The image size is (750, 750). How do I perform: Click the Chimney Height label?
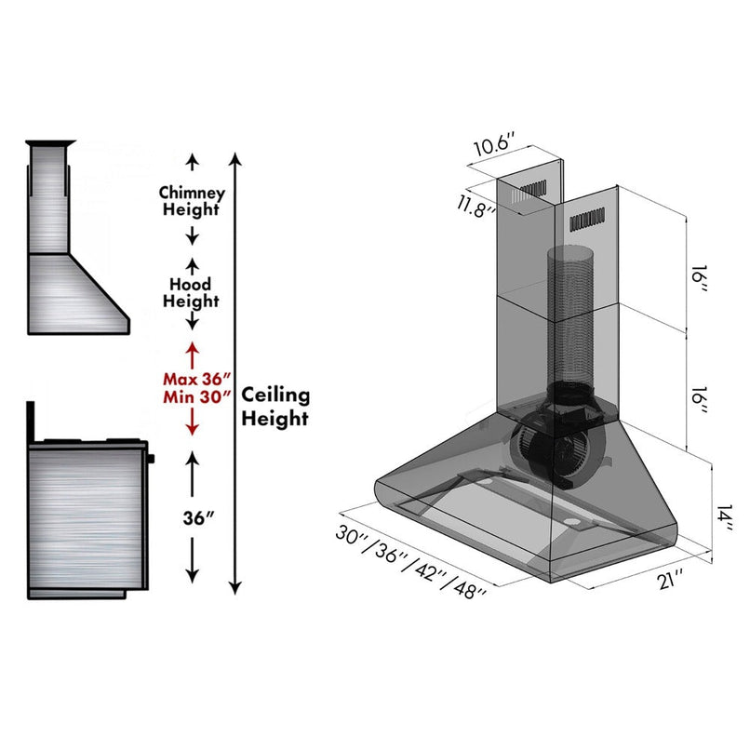[x=192, y=201]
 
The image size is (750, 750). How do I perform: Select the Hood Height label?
[x=191, y=292]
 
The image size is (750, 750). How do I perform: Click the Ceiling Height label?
[x=275, y=407]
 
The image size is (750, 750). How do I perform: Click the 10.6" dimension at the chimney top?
[x=493, y=148]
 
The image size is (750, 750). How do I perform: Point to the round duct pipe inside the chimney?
[x=569, y=316]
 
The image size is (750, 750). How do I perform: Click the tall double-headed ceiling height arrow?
[x=235, y=372]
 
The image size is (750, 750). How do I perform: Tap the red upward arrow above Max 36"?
[x=192, y=353]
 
